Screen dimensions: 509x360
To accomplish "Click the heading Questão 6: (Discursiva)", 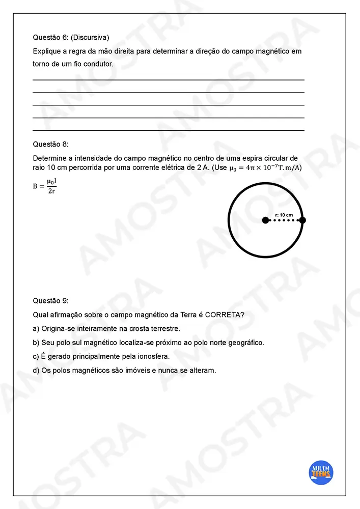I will pyautogui.click(x=71, y=37).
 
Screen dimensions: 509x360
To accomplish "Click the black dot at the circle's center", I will pyautogui.click(x=265, y=220).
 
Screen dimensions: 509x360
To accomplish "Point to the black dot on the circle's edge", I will pyautogui.click(x=302, y=220).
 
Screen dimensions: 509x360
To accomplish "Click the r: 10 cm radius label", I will pyautogui.click(x=284, y=215).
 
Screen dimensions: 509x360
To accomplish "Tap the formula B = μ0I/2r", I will pyautogui.click(x=45, y=186).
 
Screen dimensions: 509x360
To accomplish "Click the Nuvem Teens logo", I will pyautogui.click(x=321, y=472).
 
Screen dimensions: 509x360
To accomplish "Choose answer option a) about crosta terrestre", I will pyautogui.click(x=106, y=329).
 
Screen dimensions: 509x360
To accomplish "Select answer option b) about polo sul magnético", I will pyautogui.click(x=148, y=343).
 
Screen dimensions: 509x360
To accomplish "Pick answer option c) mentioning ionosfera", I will pyautogui.click(x=101, y=356).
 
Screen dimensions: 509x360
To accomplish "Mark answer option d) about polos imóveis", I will pyautogui.click(x=124, y=370).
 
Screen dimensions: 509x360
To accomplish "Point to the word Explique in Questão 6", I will pyautogui.click(x=46, y=51).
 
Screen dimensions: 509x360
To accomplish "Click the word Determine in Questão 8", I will pyautogui.click(x=49, y=158).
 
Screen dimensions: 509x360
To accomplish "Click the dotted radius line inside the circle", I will pyautogui.click(x=284, y=220).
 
